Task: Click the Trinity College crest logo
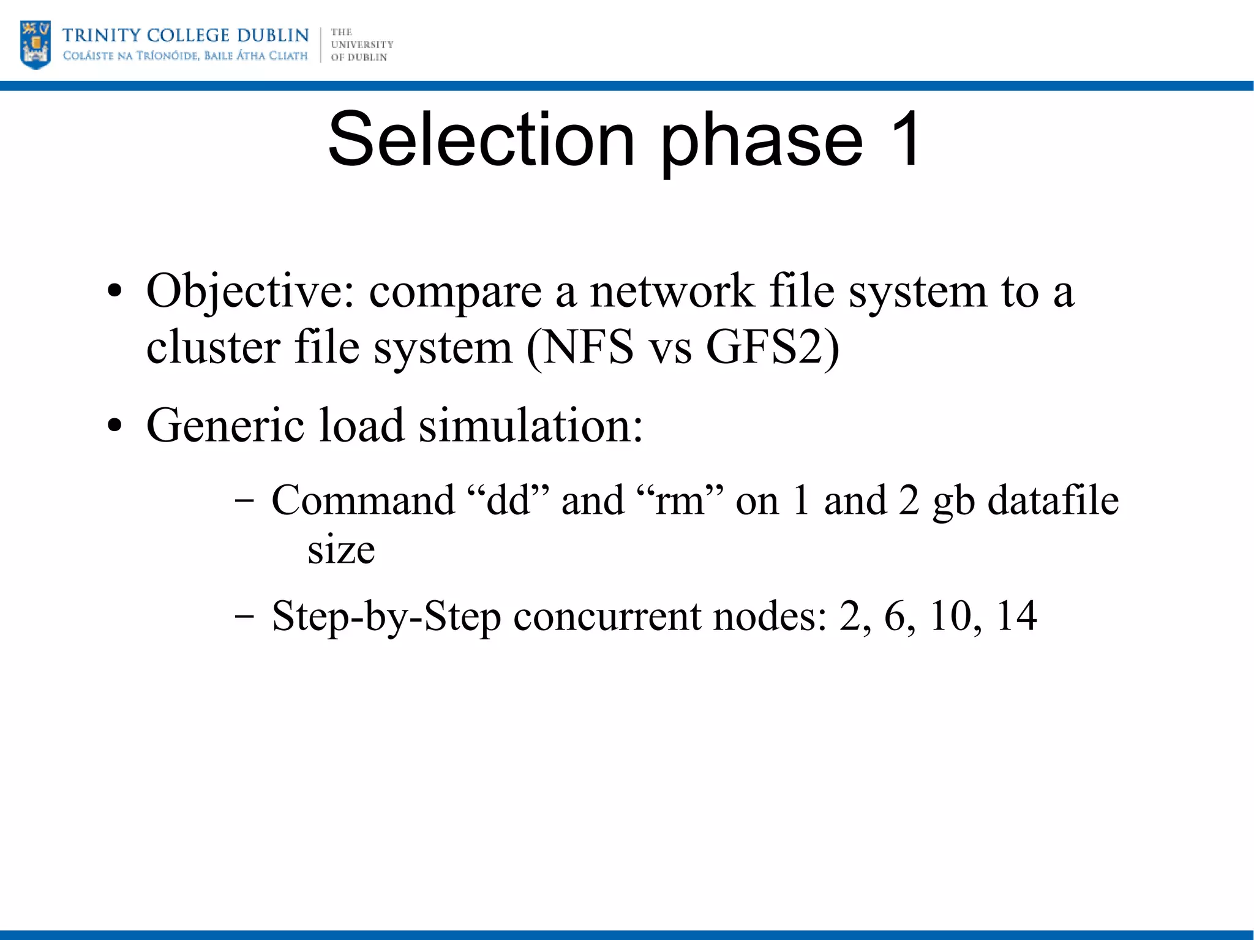pos(36,45)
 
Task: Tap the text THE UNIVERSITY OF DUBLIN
pos(361,45)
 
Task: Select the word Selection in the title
pos(481,140)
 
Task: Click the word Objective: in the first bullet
pos(250,293)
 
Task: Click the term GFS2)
pos(773,348)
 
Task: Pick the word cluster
pos(213,348)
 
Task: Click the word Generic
pos(225,426)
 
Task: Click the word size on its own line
pos(341,550)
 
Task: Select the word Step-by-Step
pos(386,616)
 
